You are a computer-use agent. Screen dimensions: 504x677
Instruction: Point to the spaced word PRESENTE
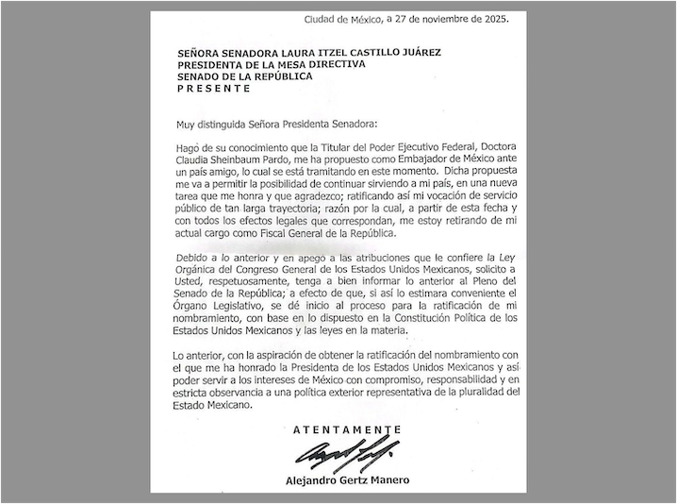click(214, 89)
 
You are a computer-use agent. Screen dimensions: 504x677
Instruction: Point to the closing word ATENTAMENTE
click(346, 429)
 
